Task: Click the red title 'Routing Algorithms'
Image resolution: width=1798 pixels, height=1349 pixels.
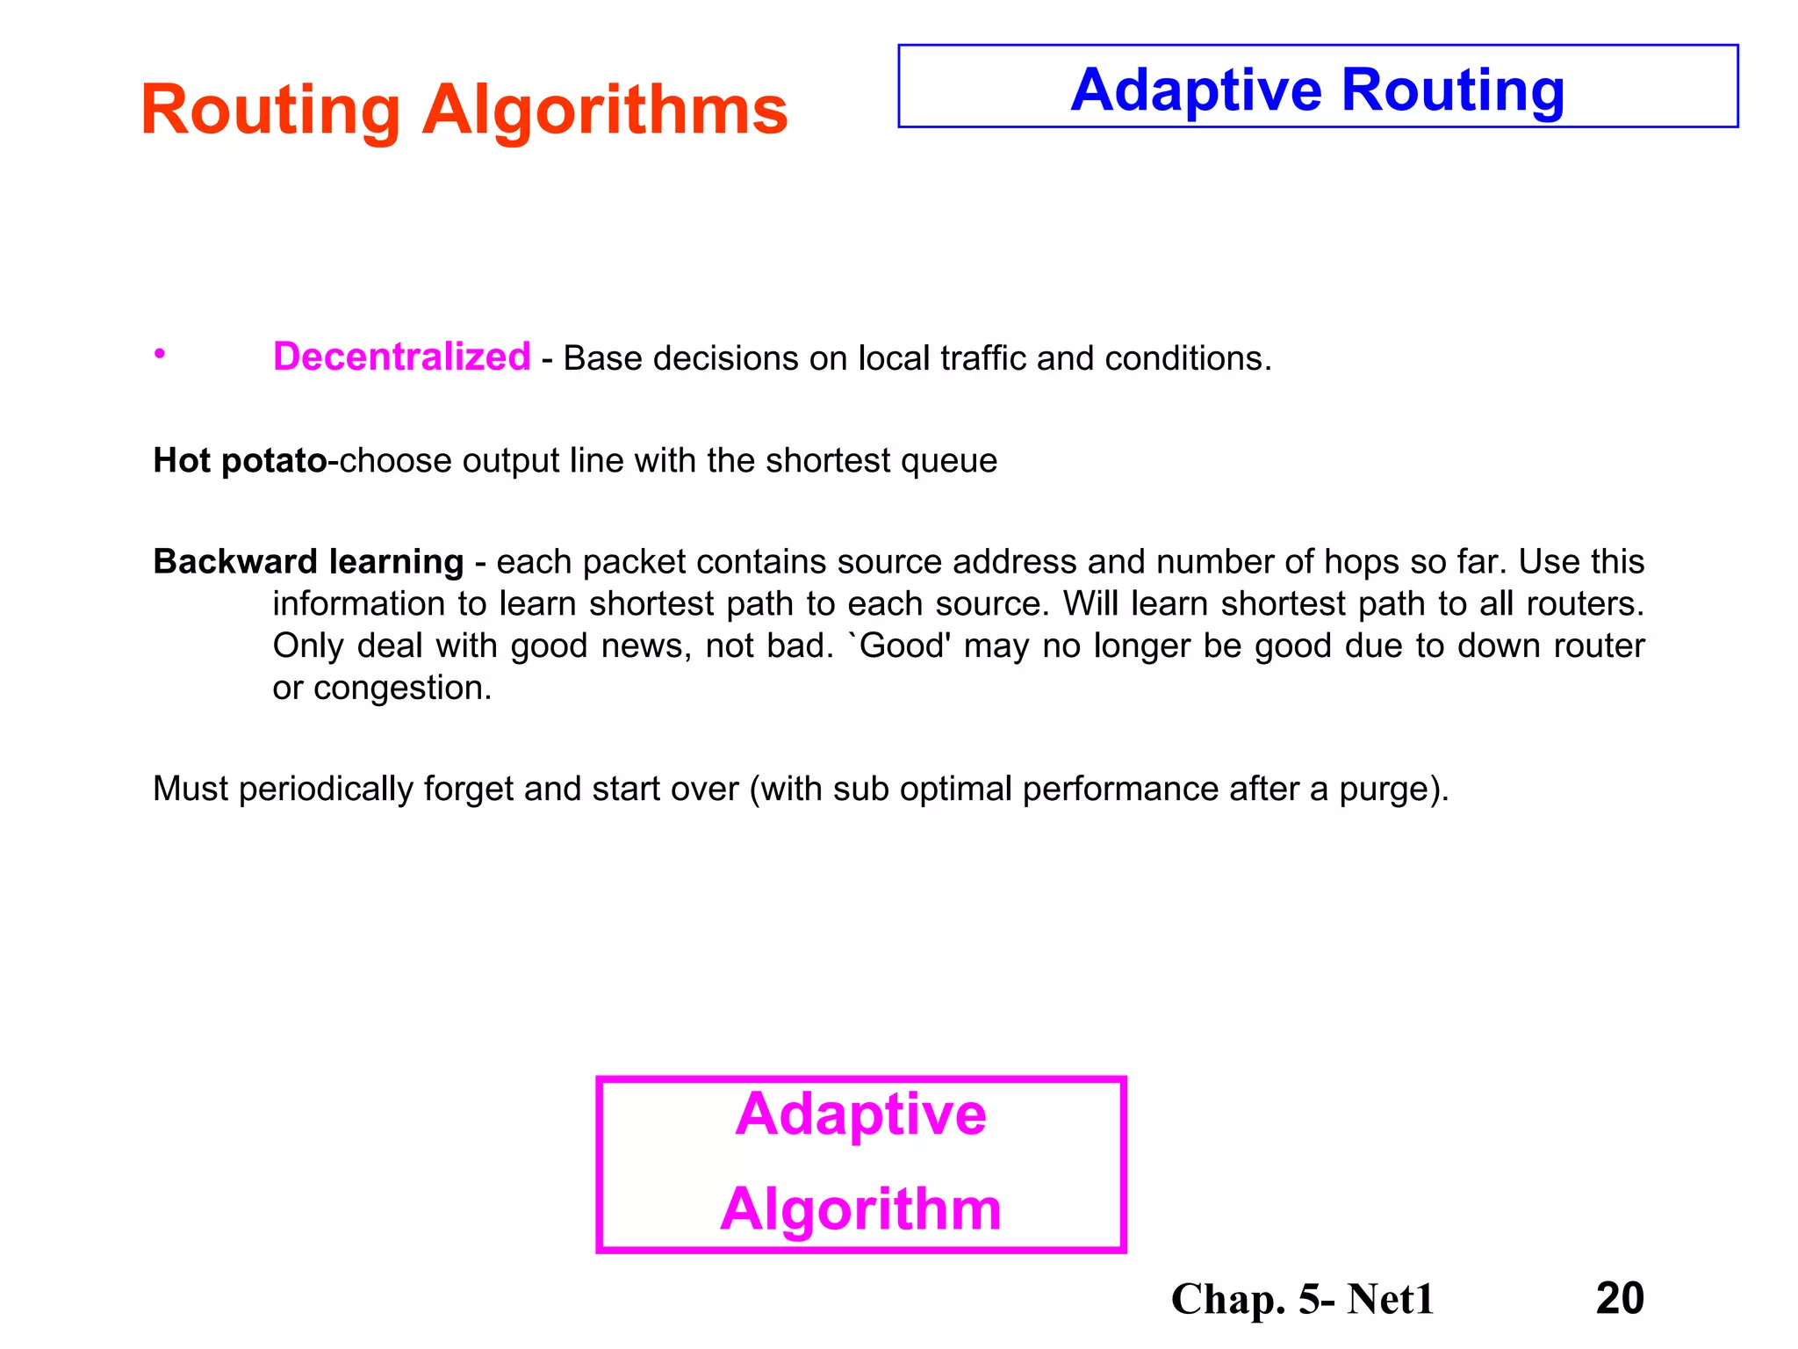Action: (464, 111)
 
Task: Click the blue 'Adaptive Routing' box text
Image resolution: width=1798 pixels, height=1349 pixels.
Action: (1317, 90)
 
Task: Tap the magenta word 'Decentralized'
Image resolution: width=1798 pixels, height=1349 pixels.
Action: (401, 357)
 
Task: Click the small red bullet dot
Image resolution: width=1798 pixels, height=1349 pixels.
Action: (159, 354)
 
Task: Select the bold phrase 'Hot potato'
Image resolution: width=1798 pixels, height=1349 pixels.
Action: (240, 460)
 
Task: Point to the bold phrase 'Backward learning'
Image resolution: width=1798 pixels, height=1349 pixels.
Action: (308, 561)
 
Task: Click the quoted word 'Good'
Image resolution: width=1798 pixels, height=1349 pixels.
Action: (904, 646)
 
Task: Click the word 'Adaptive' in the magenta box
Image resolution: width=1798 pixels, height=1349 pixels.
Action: (860, 1115)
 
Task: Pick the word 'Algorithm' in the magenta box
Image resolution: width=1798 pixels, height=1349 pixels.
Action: (860, 1209)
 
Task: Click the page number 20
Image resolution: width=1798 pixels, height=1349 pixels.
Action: (1620, 1298)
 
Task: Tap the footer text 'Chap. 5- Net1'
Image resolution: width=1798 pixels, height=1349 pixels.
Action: (1302, 1299)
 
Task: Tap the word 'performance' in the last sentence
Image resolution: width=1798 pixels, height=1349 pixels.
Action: (1120, 790)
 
